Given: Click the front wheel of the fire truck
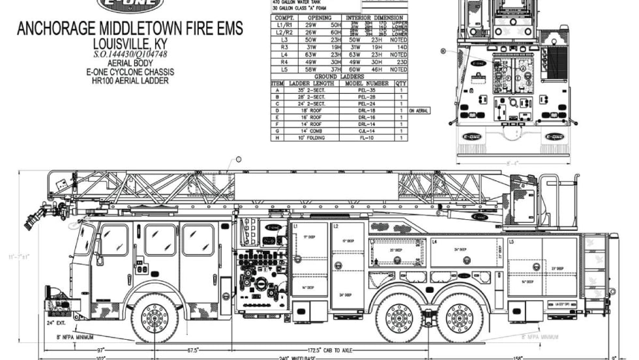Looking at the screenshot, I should (155, 318).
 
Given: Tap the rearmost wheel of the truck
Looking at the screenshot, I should (460, 318).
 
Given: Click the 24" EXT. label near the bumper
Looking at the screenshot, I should (55, 323).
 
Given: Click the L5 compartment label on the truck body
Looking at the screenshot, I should (512, 242).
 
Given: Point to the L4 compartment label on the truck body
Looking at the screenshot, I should (434, 242).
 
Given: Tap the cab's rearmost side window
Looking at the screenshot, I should (198, 240).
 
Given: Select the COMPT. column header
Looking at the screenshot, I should (282, 18).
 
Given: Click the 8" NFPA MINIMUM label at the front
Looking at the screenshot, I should (76, 337).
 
